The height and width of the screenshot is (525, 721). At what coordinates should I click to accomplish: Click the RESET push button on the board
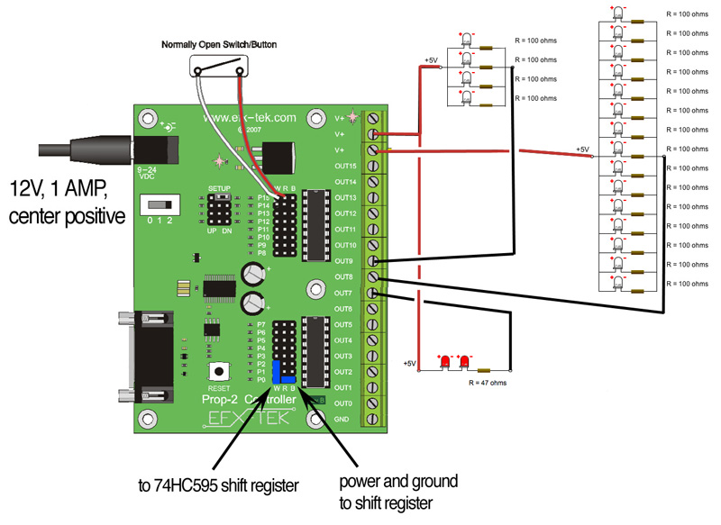coord(217,371)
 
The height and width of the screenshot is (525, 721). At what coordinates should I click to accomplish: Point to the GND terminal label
coord(343,420)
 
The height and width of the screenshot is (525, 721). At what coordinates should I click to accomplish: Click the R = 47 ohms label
coord(488,383)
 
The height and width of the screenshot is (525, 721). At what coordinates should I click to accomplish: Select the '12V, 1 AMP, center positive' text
coord(67,204)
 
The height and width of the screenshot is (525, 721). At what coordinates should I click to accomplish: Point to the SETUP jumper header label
coord(220,188)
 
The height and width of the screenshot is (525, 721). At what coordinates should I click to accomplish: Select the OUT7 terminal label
coord(343,293)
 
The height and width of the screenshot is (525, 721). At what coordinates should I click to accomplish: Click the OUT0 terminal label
coord(343,403)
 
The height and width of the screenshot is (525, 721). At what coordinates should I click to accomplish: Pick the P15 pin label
coord(263,196)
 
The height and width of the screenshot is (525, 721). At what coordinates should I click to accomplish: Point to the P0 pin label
coord(261,380)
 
